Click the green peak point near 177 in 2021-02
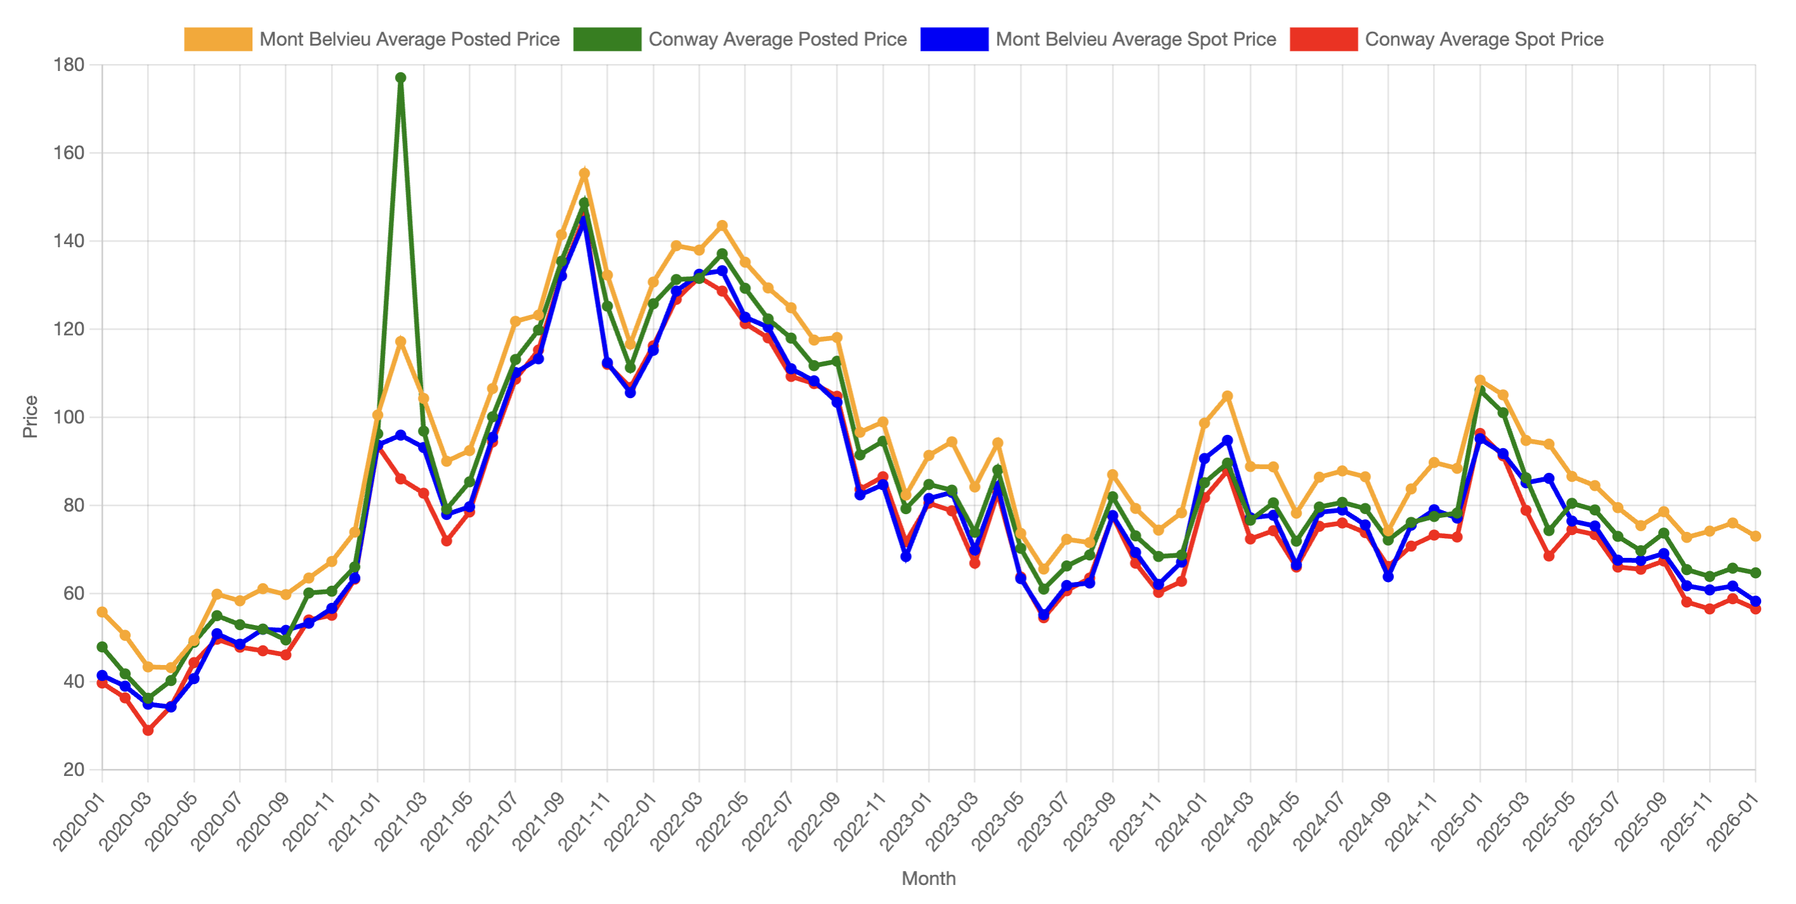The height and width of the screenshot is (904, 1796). click(x=400, y=78)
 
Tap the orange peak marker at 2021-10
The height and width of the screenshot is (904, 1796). click(x=584, y=174)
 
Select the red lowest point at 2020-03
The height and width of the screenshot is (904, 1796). click(x=148, y=730)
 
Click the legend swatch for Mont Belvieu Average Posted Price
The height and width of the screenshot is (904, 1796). click(x=218, y=39)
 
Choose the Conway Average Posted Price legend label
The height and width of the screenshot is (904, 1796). click(x=777, y=39)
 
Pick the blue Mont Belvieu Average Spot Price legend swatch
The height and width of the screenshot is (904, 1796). click(x=953, y=39)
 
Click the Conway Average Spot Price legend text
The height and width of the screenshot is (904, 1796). click(x=1483, y=39)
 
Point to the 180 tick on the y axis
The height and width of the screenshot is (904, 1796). click(x=68, y=65)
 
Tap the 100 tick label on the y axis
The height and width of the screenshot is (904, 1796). click(x=68, y=416)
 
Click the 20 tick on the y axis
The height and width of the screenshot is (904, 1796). click(x=73, y=770)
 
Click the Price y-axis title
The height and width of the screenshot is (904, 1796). click(x=30, y=416)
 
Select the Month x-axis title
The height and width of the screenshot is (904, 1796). click(x=928, y=878)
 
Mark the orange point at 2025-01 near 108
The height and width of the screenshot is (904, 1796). click(x=1480, y=380)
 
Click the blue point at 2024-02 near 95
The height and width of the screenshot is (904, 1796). click(x=1227, y=441)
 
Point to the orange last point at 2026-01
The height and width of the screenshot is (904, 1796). click(x=1755, y=536)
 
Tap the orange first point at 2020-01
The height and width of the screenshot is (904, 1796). click(x=102, y=612)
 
